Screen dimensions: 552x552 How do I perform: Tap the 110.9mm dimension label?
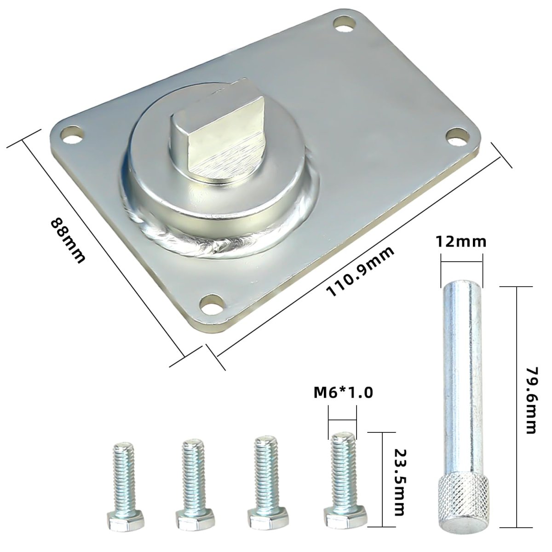(360, 271)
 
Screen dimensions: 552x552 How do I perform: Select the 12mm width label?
(461, 242)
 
